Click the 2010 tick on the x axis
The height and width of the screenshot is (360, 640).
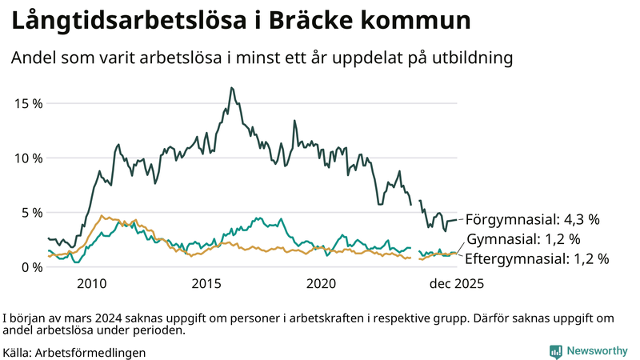click(x=91, y=284)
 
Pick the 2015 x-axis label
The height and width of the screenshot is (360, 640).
click(x=206, y=284)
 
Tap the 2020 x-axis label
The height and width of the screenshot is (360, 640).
click(x=322, y=284)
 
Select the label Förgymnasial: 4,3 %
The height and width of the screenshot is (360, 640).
click(x=532, y=218)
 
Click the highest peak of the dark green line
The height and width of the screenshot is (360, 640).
click(x=231, y=88)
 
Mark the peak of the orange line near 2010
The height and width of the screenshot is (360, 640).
click(x=101, y=215)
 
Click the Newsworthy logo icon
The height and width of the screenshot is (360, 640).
click(x=555, y=351)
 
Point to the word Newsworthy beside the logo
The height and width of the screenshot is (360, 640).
click(x=597, y=351)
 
